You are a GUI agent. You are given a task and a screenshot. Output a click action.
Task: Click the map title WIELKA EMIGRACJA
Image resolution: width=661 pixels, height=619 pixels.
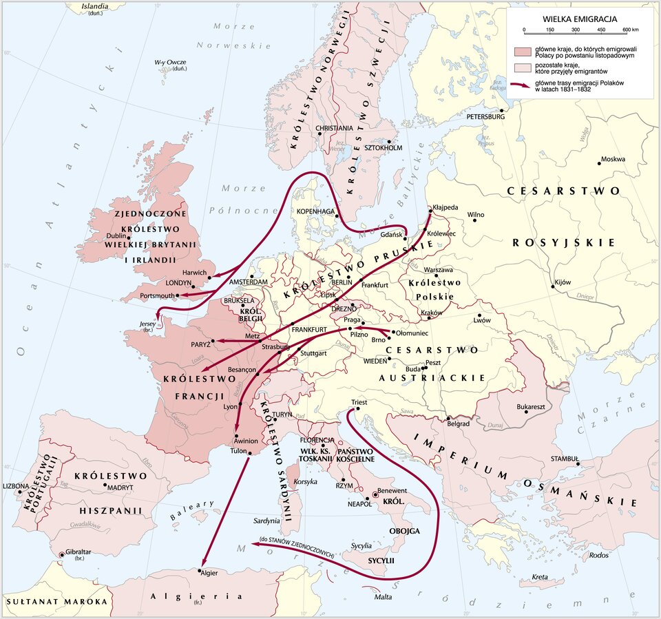coord(580,19)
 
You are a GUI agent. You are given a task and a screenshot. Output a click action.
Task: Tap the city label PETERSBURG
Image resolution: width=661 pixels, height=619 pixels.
coord(485,116)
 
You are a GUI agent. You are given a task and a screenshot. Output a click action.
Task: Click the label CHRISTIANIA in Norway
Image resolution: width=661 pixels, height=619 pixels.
coord(334,129)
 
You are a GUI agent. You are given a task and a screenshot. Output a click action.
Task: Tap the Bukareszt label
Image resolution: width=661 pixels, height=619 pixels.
coord(531,407)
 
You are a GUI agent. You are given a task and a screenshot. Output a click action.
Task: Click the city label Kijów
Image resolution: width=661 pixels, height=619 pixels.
coord(563,282)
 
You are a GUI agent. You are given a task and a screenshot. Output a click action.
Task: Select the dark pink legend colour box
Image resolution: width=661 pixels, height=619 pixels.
coord(523,52)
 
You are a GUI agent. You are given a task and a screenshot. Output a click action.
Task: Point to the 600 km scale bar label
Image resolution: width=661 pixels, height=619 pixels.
coord(630,30)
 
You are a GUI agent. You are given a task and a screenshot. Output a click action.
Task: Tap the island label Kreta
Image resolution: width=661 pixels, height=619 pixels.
coord(539,577)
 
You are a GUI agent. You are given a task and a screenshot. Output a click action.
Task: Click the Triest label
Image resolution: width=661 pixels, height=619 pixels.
coord(359,402)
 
